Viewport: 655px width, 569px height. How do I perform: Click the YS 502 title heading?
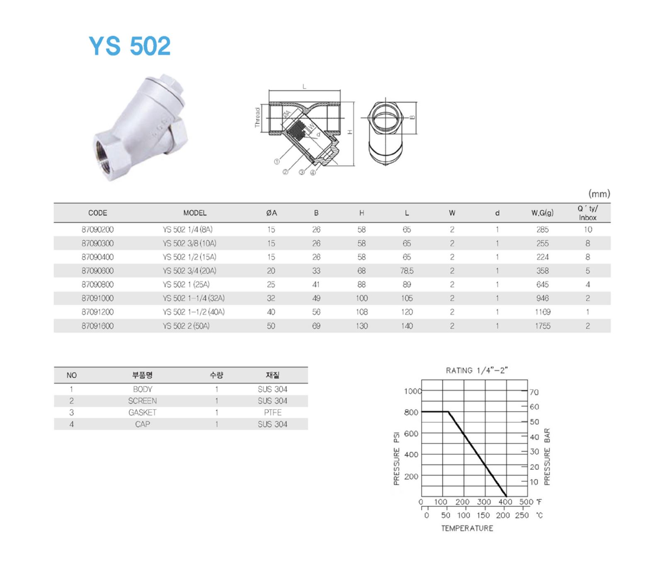(x=129, y=46)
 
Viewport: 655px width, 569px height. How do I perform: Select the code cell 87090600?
(x=97, y=271)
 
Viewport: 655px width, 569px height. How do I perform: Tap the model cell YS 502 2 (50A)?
(x=186, y=326)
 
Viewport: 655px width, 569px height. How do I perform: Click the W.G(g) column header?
(x=542, y=213)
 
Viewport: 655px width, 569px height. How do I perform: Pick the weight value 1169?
(x=542, y=312)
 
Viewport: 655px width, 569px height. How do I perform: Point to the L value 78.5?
(x=407, y=271)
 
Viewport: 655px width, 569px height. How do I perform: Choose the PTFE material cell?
(x=272, y=412)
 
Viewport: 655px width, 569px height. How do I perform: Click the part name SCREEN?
(x=142, y=401)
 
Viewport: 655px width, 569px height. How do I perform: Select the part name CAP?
(x=142, y=424)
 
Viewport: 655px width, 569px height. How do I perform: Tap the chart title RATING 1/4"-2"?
(x=477, y=370)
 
